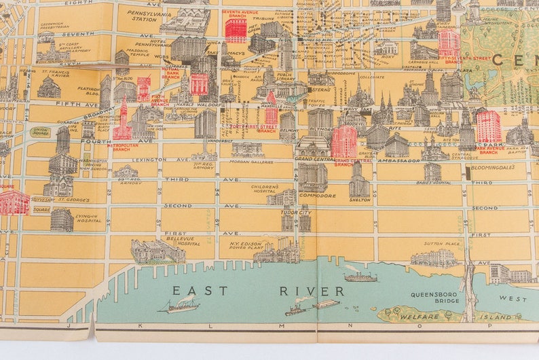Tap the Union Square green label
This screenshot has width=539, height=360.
[x=40, y=130]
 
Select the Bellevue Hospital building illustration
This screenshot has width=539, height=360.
[x=157, y=251]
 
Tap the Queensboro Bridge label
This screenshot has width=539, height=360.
[x=435, y=298]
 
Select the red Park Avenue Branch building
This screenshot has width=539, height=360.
[x=488, y=126]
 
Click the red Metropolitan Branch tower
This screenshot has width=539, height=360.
[x=123, y=123]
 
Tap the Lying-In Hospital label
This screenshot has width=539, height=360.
[x=89, y=218]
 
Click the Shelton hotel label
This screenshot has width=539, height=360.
[x=360, y=200]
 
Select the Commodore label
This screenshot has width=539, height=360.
[x=317, y=196]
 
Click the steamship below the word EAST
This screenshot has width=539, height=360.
[x=180, y=307]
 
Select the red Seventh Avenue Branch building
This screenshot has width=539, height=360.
[x=236, y=31]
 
